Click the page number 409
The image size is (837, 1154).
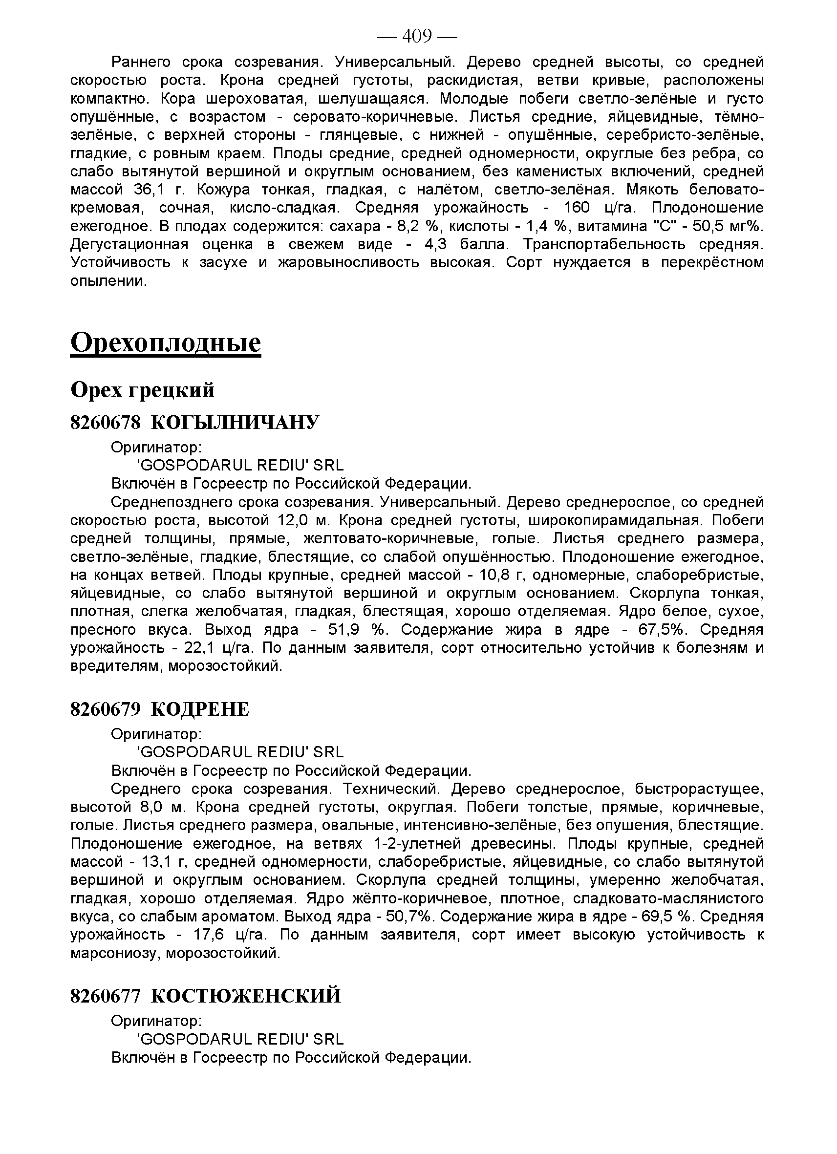pos(417,36)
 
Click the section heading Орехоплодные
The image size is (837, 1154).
pos(165,342)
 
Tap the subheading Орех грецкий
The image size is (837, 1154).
pos(142,390)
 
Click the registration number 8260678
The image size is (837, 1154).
pos(105,422)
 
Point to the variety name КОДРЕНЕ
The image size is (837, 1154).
pos(200,709)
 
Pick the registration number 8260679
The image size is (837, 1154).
pos(105,709)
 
